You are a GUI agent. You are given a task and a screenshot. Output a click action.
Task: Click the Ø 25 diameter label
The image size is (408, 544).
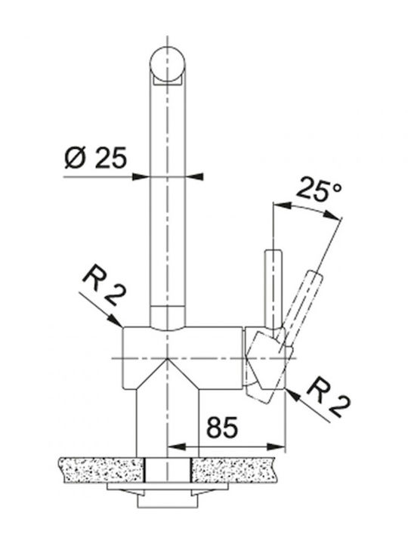click(95, 158)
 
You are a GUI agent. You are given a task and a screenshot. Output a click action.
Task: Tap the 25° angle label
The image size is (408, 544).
click(318, 190)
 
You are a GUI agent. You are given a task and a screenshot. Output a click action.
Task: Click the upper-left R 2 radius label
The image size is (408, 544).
click(104, 283)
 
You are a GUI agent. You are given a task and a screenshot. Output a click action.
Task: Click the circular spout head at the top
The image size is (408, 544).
click(167, 65)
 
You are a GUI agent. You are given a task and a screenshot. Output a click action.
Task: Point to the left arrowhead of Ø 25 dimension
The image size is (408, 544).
click(141, 177)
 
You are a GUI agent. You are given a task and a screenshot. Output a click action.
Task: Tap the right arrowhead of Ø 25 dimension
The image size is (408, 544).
click(194, 177)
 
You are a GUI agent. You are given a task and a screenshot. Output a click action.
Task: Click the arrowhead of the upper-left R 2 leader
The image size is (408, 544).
click(115, 320)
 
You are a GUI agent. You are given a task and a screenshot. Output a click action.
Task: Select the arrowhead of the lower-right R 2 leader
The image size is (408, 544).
click(293, 394)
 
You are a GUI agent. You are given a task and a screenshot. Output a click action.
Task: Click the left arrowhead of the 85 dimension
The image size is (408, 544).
click(176, 447)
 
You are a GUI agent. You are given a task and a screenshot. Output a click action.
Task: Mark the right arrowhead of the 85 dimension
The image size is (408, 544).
click(277, 447)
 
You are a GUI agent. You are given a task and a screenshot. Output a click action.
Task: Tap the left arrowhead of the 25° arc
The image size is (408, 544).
click(282, 206)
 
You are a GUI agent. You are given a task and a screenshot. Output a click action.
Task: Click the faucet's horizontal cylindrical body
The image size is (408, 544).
click(183, 357)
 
